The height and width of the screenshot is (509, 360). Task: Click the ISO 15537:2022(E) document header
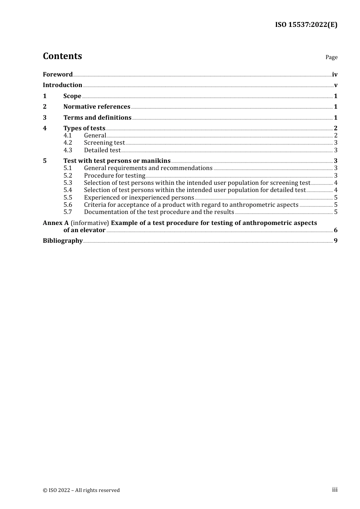click(x=306, y=25)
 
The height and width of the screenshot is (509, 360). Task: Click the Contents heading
click(x=62, y=56)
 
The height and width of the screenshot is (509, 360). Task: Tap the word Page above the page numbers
click(x=331, y=57)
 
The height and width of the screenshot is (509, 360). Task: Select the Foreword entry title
click(x=58, y=75)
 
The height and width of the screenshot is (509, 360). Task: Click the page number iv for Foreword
click(x=335, y=75)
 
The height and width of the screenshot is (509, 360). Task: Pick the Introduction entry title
click(x=63, y=85)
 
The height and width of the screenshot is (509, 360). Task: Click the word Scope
click(x=72, y=96)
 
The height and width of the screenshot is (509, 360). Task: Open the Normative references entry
click(x=97, y=107)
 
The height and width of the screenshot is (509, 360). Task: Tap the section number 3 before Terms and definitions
click(x=45, y=118)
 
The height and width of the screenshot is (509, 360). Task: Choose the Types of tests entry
click(x=84, y=128)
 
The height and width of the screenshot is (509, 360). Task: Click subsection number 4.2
click(x=67, y=143)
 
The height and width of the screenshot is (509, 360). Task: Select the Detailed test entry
click(x=102, y=150)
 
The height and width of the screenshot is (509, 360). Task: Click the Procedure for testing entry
click(x=114, y=176)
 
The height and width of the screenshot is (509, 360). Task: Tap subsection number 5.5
click(x=67, y=198)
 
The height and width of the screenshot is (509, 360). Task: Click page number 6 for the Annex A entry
click(x=335, y=230)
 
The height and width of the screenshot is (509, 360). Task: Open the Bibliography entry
click(x=63, y=241)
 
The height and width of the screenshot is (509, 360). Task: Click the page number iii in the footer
click(x=335, y=490)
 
